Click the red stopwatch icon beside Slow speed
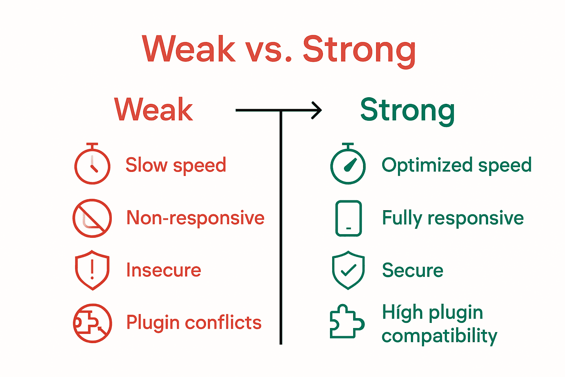click(92, 165)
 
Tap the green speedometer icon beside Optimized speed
click(348, 165)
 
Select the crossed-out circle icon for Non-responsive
click(92, 218)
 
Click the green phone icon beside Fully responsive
click(348, 218)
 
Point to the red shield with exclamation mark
click(92, 270)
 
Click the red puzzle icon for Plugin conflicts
click(92, 323)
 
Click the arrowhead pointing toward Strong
click(317, 110)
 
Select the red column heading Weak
click(153, 110)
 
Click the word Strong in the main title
click(359, 50)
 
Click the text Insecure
click(163, 270)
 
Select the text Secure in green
click(412, 270)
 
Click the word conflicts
click(223, 323)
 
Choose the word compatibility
click(439, 336)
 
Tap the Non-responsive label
click(195, 218)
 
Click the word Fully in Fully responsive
click(402, 218)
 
